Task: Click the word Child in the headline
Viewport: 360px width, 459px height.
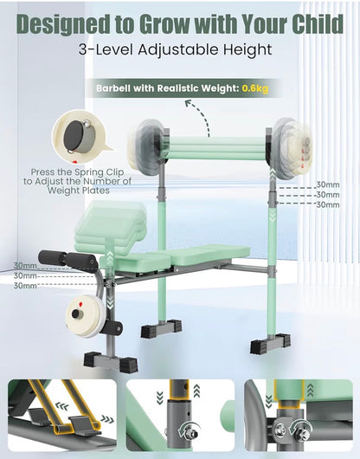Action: click(318, 23)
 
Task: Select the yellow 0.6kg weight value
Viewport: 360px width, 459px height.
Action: click(255, 88)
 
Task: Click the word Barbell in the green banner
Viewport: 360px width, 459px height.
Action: click(113, 88)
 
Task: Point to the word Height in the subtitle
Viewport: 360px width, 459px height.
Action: click(248, 50)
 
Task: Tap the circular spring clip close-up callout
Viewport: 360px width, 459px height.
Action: click(80, 137)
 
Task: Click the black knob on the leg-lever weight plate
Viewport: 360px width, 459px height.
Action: click(78, 314)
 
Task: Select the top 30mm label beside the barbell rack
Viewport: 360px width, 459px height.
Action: click(328, 185)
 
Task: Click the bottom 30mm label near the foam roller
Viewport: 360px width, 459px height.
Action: click(25, 286)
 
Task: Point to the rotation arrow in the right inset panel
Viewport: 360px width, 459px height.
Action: click(301, 428)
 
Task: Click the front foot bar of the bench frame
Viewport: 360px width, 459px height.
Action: click(111, 362)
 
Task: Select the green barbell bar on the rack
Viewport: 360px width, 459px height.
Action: click(217, 148)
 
